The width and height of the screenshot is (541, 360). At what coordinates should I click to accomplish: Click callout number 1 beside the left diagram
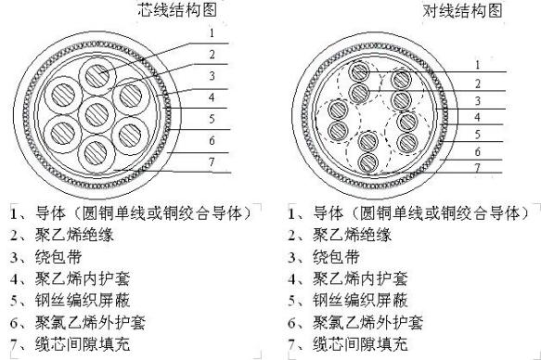212,32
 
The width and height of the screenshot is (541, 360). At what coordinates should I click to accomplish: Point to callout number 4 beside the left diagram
212,96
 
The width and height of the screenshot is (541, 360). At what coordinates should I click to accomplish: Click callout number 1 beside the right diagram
477,65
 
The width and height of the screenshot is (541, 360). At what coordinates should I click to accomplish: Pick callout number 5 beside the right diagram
477,134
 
